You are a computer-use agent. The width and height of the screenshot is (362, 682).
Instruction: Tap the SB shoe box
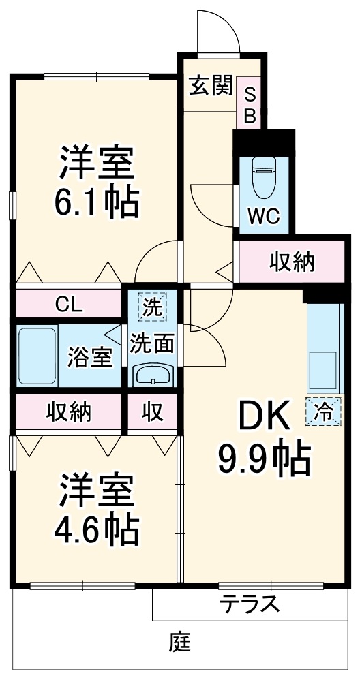(250, 105)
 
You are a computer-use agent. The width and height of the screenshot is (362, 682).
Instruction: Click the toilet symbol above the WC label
(262, 176)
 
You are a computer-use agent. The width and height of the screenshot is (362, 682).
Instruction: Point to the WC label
(262, 217)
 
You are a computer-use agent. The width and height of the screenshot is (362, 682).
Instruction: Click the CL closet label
(69, 305)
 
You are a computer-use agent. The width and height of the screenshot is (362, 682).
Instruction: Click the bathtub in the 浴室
(37, 356)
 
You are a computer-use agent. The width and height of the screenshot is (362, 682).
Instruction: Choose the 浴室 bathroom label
(89, 357)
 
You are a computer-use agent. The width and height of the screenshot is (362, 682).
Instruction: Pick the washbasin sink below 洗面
(153, 374)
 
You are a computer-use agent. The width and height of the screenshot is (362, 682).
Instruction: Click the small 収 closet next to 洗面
(153, 412)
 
